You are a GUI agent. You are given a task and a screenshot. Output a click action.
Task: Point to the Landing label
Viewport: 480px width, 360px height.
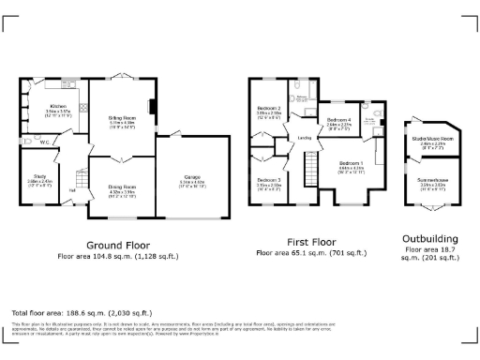[304, 139]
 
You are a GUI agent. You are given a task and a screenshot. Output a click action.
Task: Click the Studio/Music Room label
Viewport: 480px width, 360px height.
[432, 140]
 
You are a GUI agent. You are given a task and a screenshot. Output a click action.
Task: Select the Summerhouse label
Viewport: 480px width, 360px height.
[432, 183]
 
